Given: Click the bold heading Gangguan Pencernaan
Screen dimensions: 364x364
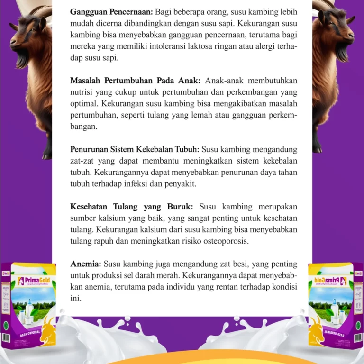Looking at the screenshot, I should tap(111, 10).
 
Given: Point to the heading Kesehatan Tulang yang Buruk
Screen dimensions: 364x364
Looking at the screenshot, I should tap(132, 207).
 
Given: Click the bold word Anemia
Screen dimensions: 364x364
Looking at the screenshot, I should tap(86, 264).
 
